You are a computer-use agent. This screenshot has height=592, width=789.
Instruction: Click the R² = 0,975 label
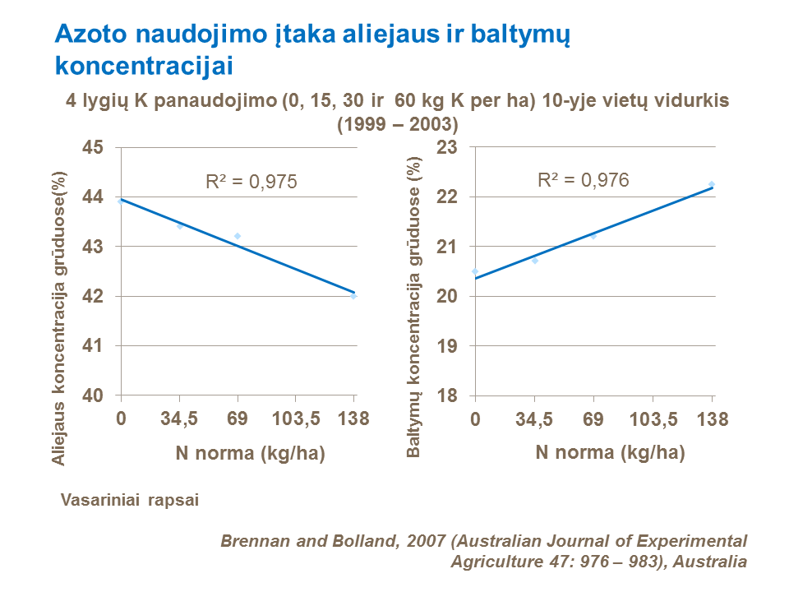coord(250,182)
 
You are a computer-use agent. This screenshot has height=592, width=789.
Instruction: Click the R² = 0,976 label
coord(583,180)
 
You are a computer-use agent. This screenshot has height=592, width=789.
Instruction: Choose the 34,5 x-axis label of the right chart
coord(534,419)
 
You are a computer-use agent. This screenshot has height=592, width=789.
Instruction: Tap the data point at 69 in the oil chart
coord(238,236)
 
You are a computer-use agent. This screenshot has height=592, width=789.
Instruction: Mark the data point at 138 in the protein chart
coord(712,184)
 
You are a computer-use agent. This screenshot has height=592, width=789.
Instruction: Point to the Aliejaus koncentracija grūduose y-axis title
coord(59,318)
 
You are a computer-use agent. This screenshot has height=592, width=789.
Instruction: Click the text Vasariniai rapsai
coord(130,499)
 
